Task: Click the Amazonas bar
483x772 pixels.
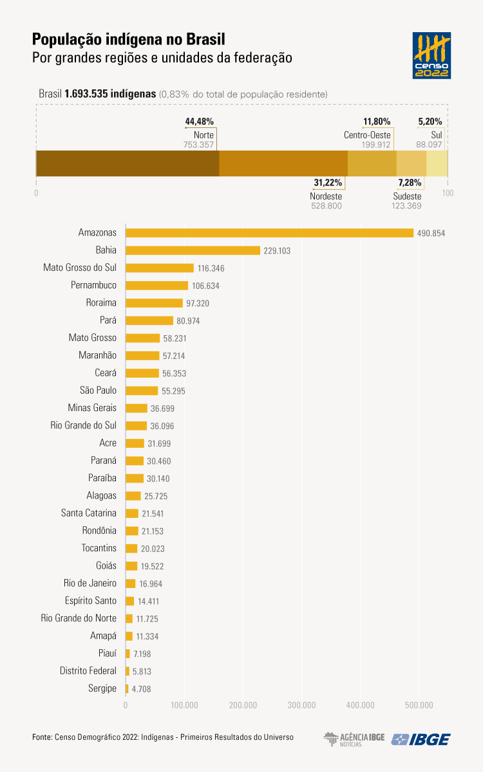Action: point(269,233)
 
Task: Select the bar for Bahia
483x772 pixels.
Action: point(193,250)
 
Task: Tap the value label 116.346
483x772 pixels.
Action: point(211,268)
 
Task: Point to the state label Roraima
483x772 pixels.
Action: point(101,302)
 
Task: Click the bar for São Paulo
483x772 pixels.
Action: point(142,391)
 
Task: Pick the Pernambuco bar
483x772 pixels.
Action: point(156,285)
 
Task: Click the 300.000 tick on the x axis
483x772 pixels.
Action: point(301,705)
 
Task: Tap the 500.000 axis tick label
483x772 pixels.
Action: point(419,705)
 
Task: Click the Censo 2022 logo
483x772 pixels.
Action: point(431,56)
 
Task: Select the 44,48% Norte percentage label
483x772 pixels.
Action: point(199,122)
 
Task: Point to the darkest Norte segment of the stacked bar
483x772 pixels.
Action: point(128,163)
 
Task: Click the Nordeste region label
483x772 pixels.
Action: point(326,196)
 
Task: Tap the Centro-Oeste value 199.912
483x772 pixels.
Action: point(377,145)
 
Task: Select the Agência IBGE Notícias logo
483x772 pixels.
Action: point(354,739)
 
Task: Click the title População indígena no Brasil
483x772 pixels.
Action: point(129,39)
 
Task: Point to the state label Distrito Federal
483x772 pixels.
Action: point(88,671)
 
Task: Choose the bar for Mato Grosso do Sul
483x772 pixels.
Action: point(160,268)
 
